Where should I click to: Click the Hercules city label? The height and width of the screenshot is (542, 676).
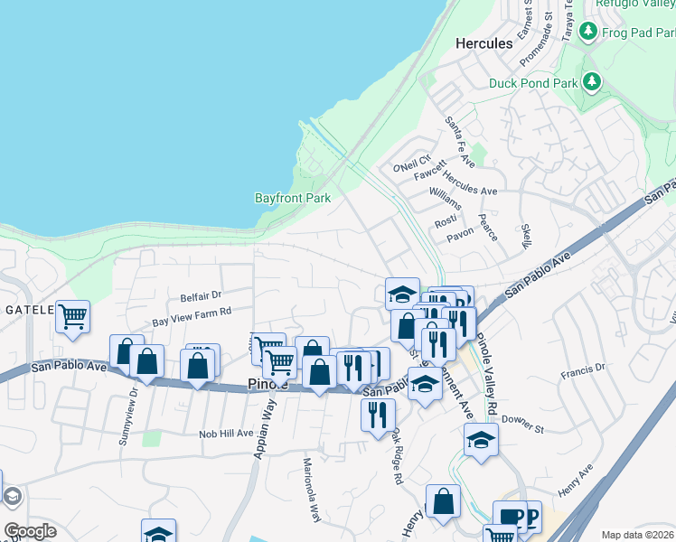(x=484, y=42)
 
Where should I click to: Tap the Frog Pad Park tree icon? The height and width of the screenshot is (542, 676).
(x=589, y=33)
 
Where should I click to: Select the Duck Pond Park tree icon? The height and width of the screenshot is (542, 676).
(x=592, y=83)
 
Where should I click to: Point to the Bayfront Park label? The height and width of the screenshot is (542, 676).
(x=293, y=198)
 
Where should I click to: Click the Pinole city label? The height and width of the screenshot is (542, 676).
(x=268, y=384)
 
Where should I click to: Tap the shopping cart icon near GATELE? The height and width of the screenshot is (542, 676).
(x=72, y=317)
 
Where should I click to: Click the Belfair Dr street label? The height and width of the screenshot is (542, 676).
(x=201, y=295)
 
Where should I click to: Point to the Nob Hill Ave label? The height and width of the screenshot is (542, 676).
(x=226, y=434)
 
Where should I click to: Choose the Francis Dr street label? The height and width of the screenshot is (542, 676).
(x=582, y=370)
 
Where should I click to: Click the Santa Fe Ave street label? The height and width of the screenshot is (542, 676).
(x=460, y=142)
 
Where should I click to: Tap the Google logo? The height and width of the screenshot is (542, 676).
(x=30, y=531)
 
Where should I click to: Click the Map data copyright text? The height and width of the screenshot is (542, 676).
(x=638, y=535)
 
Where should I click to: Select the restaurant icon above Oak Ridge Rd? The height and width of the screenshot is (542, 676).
(x=377, y=415)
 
